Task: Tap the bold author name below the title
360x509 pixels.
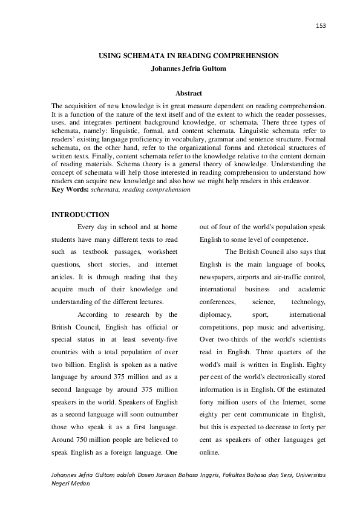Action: click(188, 68)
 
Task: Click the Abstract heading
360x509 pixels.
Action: click(188, 93)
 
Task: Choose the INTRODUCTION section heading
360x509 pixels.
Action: click(80, 215)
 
